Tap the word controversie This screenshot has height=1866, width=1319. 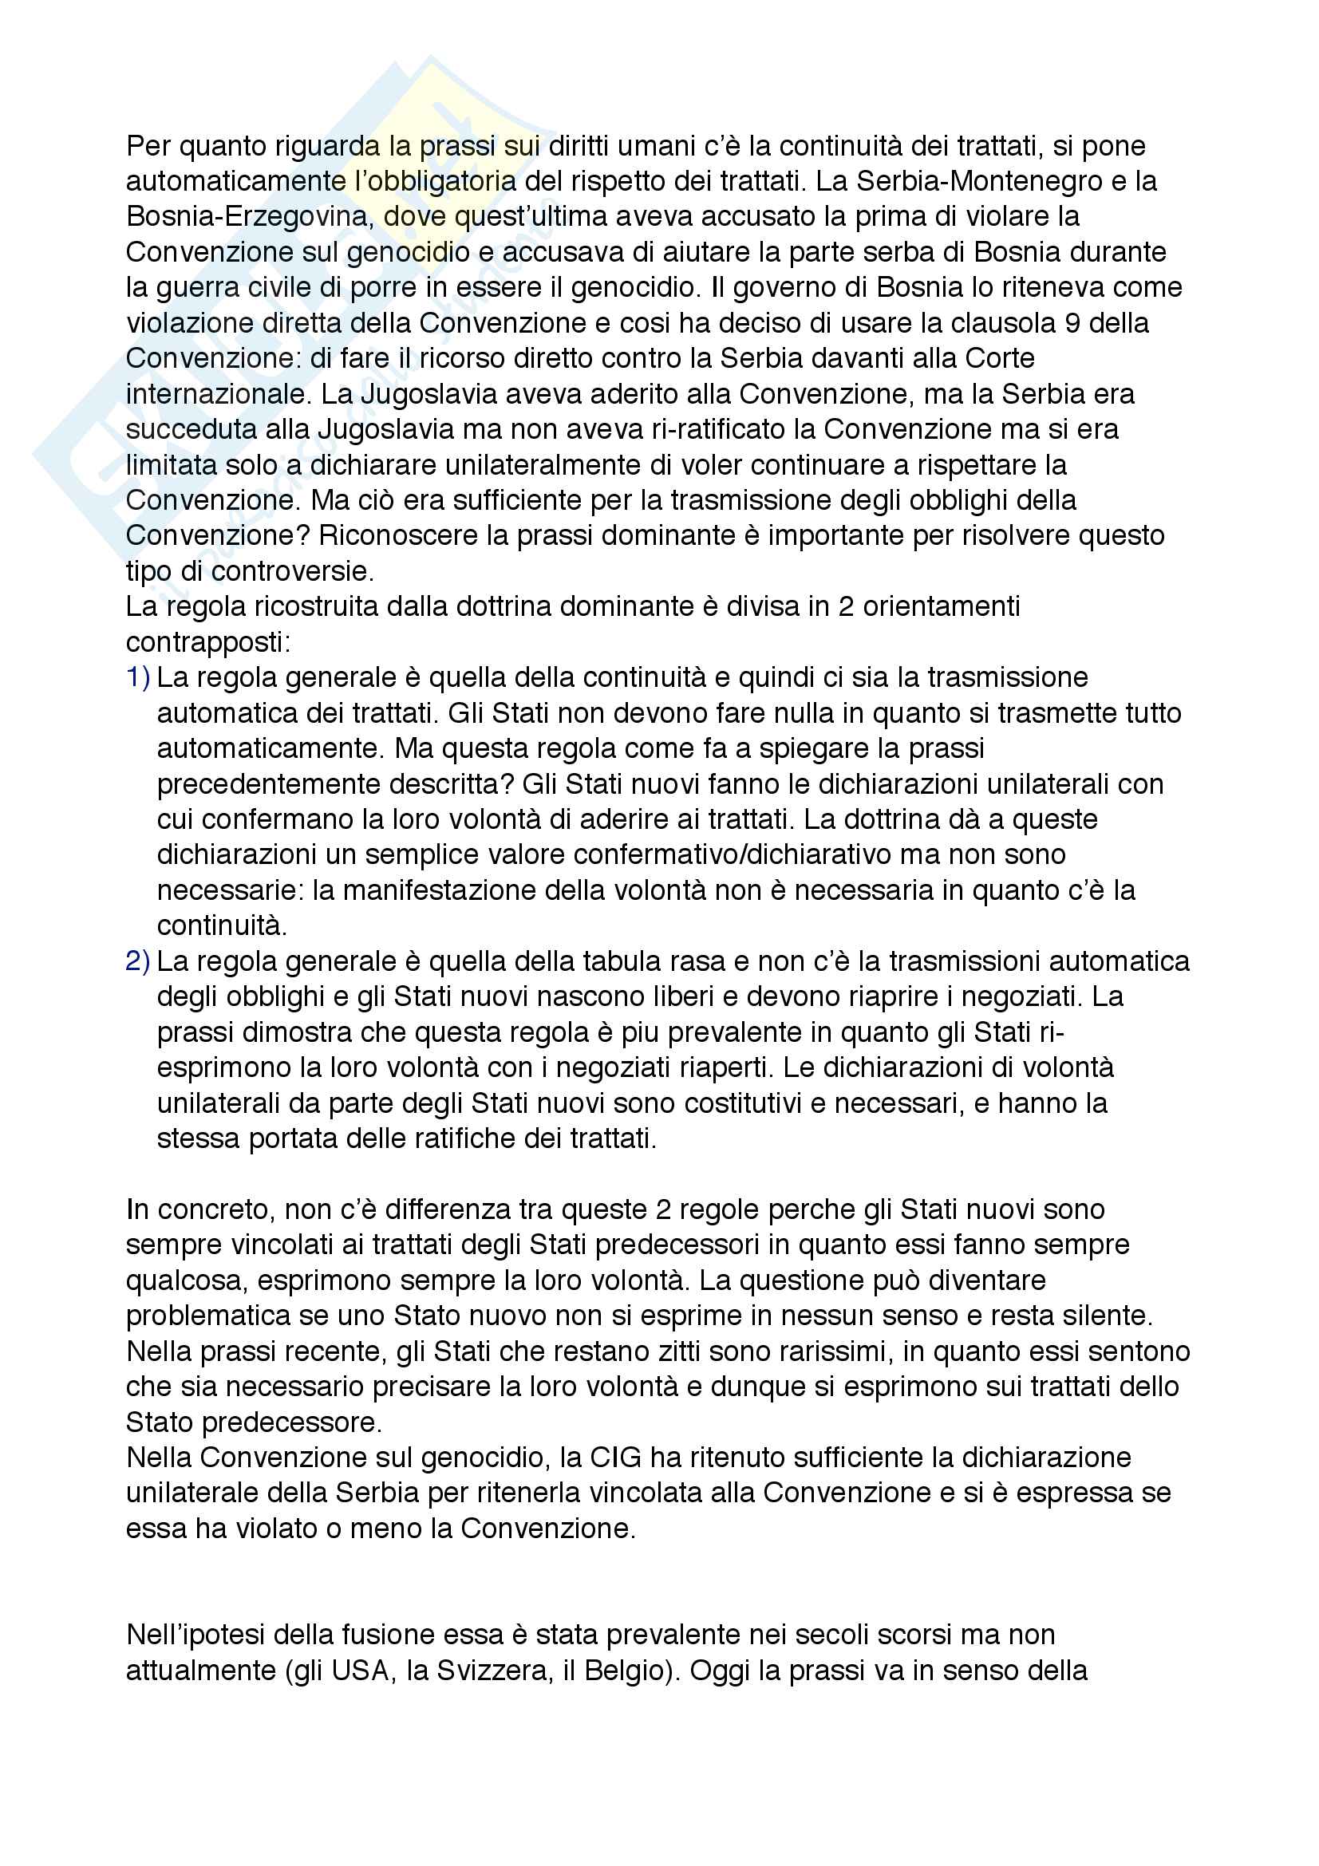click(x=292, y=571)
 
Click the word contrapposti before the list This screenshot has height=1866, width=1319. click(x=207, y=642)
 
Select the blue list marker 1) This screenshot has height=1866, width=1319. click(x=138, y=677)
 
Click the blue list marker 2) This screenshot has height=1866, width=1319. click(x=138, y=961)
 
